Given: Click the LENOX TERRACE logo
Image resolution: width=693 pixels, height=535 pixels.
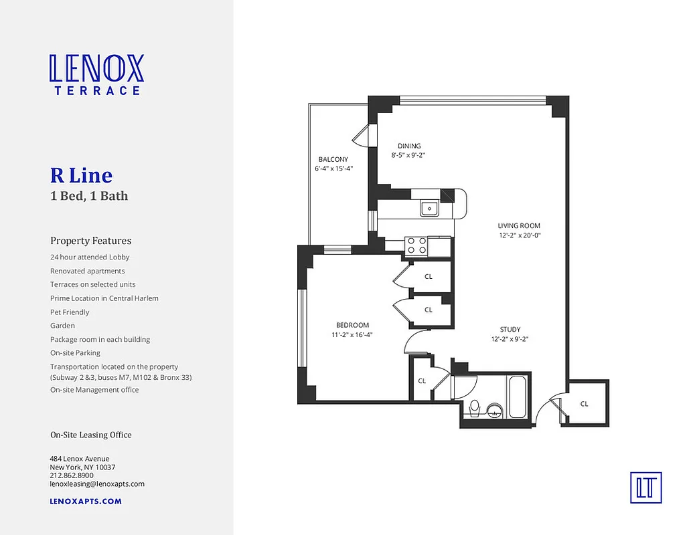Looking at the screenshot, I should pos(96,74).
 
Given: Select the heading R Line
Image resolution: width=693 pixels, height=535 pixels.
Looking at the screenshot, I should pos(81,175).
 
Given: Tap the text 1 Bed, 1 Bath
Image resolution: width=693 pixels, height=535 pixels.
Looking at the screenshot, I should pos(89,196).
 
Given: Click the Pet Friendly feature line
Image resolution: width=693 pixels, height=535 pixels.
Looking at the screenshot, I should pos(70,312).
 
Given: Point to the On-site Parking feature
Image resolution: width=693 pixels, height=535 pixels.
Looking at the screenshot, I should pos(75,353).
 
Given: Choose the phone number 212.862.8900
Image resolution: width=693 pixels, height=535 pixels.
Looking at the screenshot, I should pos(72,475).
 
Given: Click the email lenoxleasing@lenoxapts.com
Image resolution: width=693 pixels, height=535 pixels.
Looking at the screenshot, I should pos(97,484).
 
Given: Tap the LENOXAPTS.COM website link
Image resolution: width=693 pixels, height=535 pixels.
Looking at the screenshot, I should pos(86,501).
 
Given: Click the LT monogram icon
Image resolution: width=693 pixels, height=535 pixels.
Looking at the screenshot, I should pos(645,487).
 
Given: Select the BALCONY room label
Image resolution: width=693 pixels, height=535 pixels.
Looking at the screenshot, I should pos(333,159).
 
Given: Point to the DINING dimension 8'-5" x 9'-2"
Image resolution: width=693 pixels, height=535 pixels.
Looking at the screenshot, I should pos(408,155).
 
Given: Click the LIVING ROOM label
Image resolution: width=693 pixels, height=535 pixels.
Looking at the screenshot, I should pos(518,226).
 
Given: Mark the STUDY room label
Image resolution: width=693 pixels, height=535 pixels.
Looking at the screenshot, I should pos(510,330).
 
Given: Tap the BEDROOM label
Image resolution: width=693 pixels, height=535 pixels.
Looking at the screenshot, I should pos(352,325).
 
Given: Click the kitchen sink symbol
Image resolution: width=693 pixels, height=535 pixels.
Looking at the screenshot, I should pos(429,209).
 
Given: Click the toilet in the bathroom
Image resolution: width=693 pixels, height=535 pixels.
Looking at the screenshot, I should pos(475,407).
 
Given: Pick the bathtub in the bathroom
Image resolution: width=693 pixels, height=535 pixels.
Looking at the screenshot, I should pos(518,398).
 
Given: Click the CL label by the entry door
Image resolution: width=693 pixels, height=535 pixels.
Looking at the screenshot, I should pos(584,404).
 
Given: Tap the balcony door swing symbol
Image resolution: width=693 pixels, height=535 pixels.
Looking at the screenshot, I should pos(360,136).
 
